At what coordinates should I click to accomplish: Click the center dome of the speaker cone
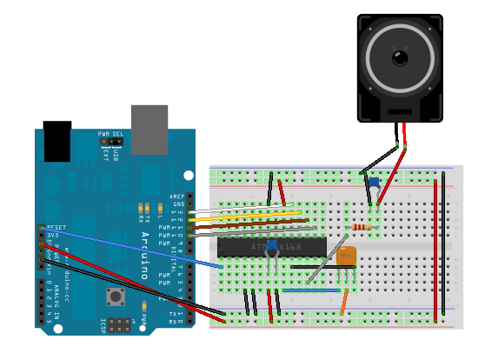click(400, 58)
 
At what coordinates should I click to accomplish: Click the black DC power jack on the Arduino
click(56, 141)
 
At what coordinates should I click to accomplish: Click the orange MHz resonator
click(347, 256)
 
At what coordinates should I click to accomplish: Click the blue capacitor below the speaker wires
click(373, 184)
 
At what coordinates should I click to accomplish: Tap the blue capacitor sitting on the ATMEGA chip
click(273, 246)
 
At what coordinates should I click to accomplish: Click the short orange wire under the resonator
click(345, 302)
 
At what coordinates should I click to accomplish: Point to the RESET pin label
click(56, 226)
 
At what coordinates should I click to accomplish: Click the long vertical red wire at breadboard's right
click(435, 248)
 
